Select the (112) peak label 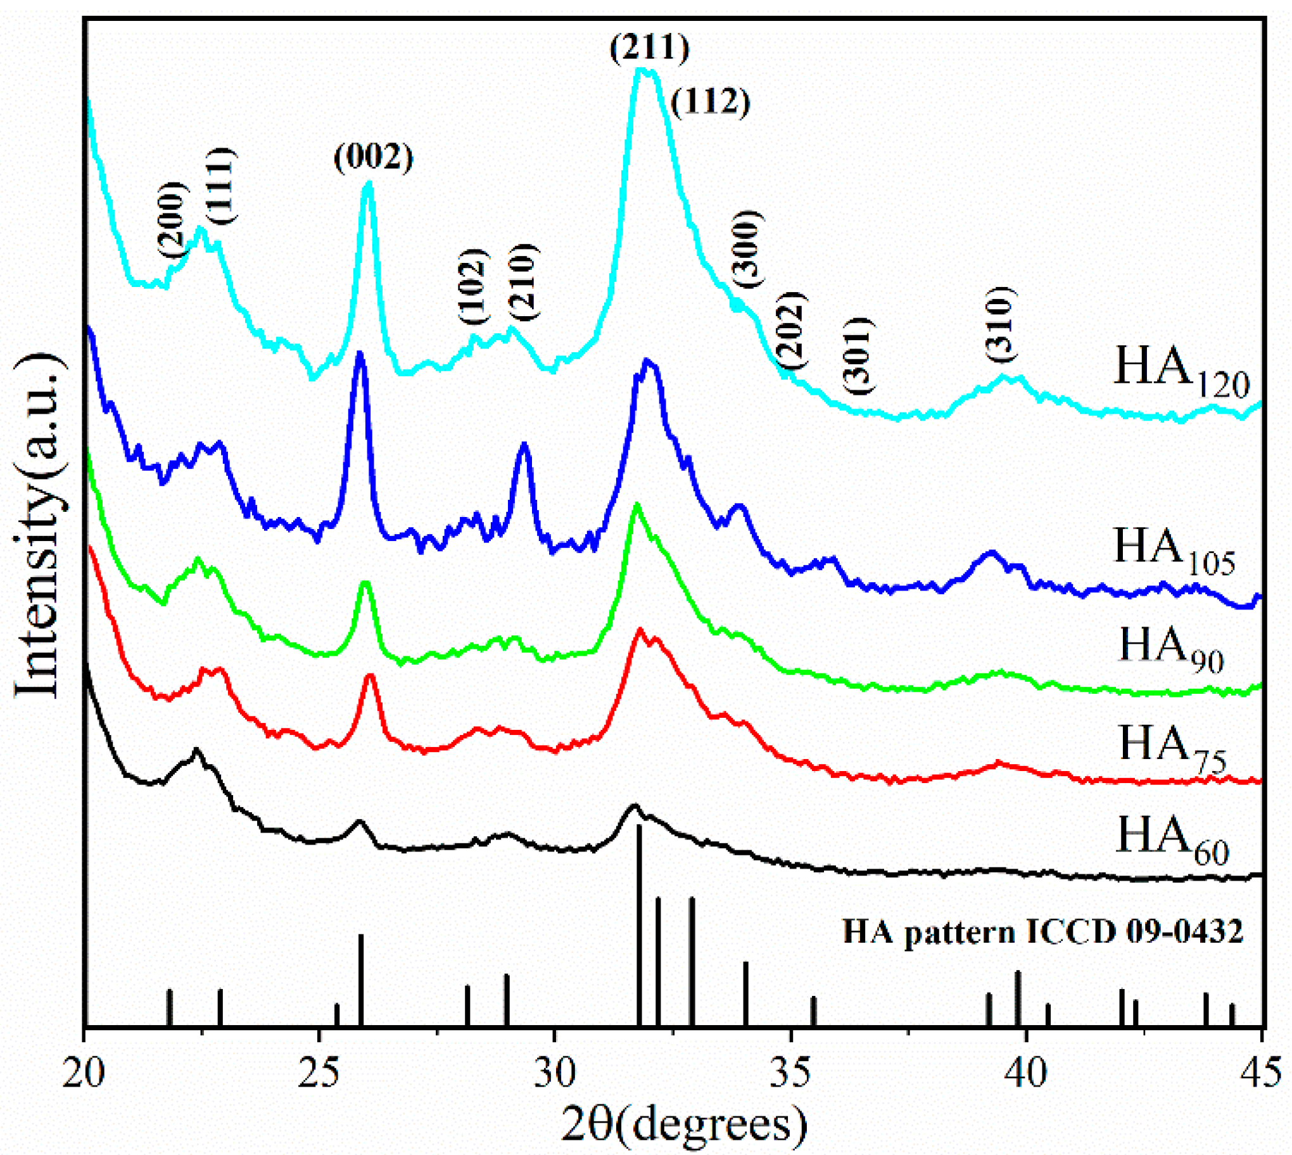[x=711, y=102]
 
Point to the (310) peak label [x=1001, y=324]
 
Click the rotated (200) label [x=172, y=220]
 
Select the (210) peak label [x=524, y=281]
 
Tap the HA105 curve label [x=1174, y=549]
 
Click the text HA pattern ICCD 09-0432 [x=1042, y=932]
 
